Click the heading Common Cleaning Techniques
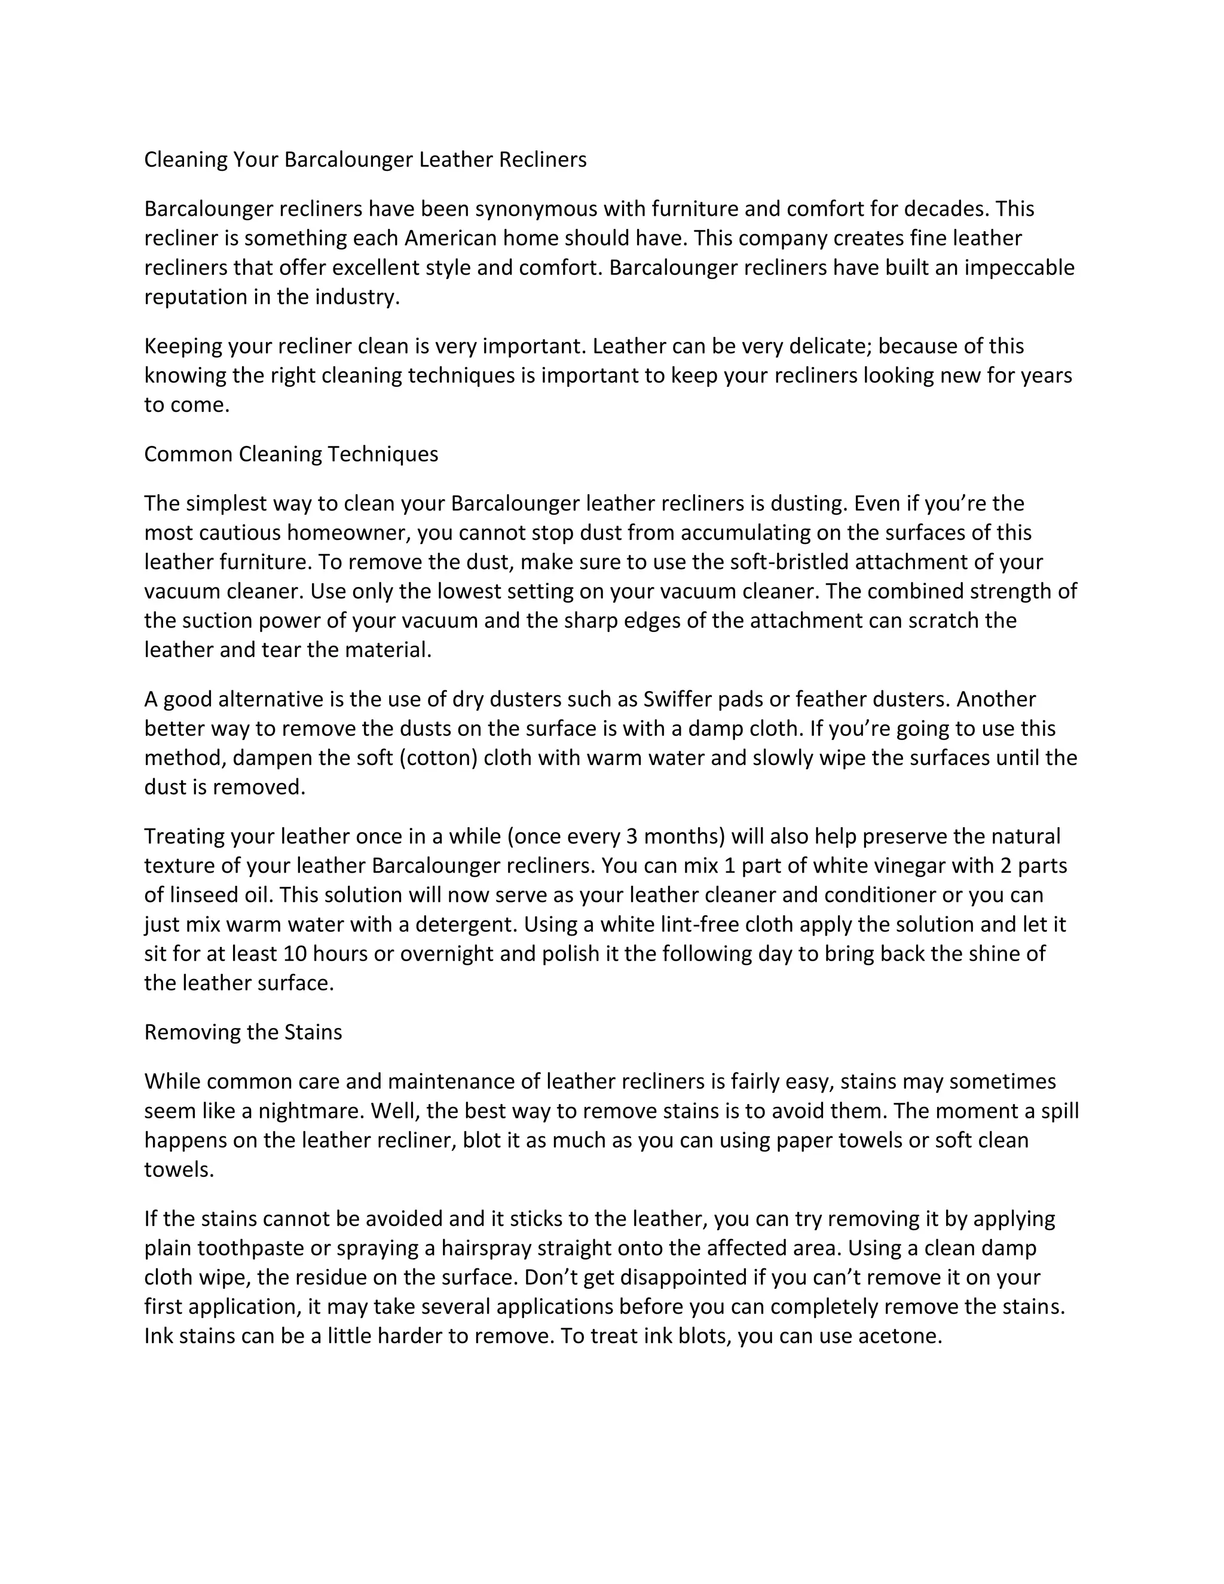291,454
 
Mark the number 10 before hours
295,954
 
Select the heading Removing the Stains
243,1032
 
